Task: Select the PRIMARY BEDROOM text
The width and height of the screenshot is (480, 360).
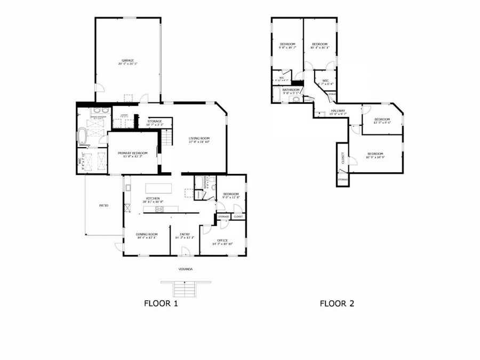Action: pos(133,153)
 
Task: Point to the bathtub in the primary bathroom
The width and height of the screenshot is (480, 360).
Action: pos(83,137)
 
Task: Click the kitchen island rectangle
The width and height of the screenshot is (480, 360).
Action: pos(159,188)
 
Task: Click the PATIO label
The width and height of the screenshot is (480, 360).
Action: pos(103,205)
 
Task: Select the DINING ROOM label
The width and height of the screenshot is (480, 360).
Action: pos(146,234)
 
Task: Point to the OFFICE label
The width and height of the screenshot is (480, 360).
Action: pos(222,240)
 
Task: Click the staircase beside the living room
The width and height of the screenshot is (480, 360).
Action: pos(167,139)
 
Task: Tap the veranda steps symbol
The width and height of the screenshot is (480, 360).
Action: pos(185,289)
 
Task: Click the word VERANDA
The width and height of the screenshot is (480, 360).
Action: pos(185,269)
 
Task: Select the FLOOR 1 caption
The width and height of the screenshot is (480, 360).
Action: pos(161,304)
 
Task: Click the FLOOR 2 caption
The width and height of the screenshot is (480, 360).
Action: pos(337,304)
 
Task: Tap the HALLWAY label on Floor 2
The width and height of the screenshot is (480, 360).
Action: pos(338,110)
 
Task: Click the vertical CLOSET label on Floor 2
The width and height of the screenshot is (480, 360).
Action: pos(342,158)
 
